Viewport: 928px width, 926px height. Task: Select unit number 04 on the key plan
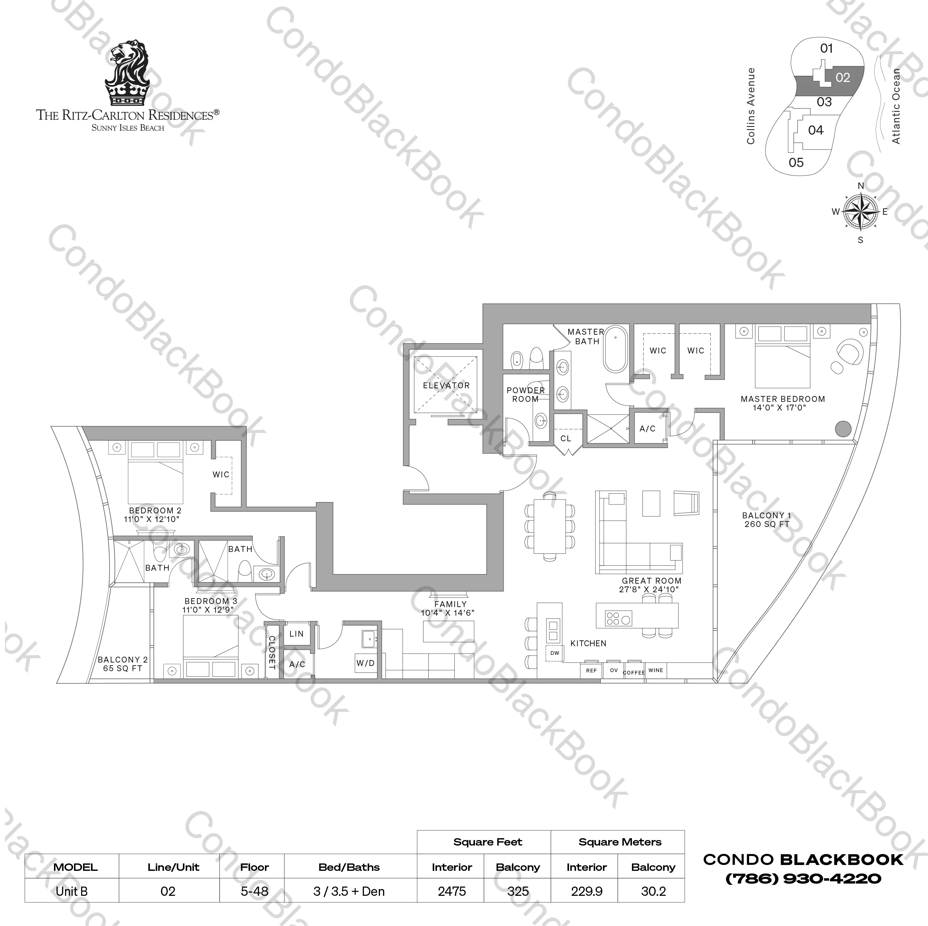[x=816, y=130]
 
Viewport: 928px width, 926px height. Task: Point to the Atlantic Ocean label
[x=896, y=106]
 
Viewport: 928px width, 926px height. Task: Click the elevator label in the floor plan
[x=446, y=385]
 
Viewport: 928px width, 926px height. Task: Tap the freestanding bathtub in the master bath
[x=615, y=349]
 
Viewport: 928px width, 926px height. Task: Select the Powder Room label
[x=526, y=395]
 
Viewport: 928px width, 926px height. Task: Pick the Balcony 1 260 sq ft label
[x=767, y=520]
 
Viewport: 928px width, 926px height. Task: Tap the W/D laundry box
[x=365, y=663]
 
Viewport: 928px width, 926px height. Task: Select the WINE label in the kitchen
[x=656, y=670]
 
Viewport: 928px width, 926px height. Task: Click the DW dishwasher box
[x=555, y=653]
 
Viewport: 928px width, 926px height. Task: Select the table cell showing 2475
[x=452, y=891]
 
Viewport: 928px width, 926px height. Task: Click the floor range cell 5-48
[x=254, y=891]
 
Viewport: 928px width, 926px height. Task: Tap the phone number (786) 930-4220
[x=803, y=879]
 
